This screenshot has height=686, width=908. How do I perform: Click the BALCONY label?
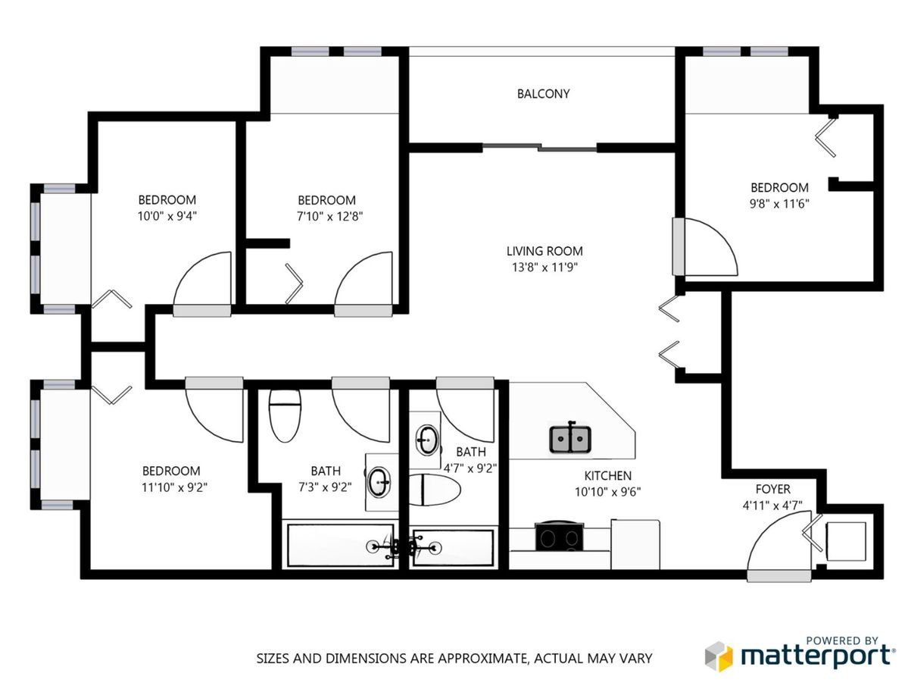543,94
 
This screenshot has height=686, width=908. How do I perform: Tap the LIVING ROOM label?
544,252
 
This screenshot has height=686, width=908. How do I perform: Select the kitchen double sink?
570,439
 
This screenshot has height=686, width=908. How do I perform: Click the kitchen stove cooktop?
559,537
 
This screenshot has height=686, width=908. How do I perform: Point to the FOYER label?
772,490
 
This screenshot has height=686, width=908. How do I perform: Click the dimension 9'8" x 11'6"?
779,204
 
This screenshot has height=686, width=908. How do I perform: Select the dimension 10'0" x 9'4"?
167,217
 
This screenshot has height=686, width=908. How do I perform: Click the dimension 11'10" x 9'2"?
174,488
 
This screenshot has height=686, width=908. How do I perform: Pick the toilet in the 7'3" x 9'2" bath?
285,415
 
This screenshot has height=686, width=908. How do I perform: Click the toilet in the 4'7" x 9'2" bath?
435,490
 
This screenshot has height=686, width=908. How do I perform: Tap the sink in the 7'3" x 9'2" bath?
380,481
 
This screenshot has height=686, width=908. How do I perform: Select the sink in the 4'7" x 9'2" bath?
427,440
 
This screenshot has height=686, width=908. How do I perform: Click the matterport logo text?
816,656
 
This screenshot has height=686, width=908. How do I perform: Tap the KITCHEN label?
607,476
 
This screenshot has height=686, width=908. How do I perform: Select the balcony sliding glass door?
539,148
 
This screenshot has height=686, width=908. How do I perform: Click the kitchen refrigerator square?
635,544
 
